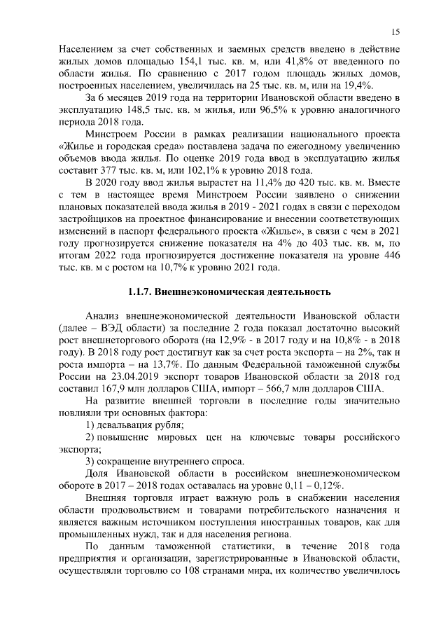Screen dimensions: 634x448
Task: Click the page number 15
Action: [x=395, y=32]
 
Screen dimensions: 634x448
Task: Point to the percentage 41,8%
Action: [x=322, y=62]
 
